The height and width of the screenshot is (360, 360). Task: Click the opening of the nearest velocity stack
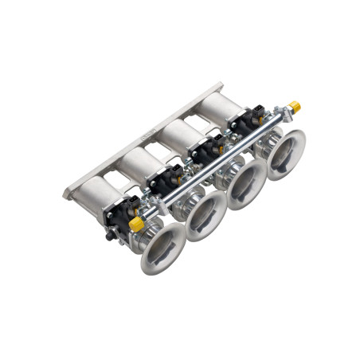(163, 247)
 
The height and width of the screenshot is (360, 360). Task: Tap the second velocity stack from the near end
(205, 215)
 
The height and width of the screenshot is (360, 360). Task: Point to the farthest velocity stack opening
(284, 154)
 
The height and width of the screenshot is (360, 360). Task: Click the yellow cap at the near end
(136, 225)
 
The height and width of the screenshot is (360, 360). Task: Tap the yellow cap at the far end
(295, 106)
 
